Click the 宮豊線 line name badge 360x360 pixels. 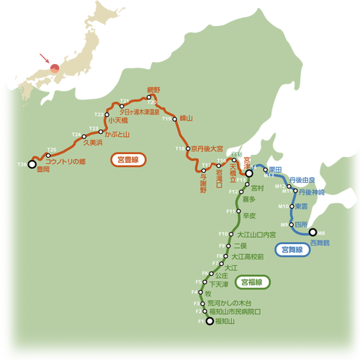128,160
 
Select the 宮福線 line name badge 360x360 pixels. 254,282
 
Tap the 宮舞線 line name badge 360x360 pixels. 293,249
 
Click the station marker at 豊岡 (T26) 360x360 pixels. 32,163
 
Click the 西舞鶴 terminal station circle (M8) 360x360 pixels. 312,233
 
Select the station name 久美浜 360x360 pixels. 94,143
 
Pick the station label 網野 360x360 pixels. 153,90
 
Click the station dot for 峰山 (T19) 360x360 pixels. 174,119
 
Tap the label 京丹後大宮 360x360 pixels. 207,148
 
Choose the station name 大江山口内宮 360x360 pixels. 256,235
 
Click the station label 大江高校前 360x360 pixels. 247,256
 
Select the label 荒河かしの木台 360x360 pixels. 228,303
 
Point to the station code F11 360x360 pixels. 230,211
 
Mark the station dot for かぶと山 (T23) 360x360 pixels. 101,132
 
